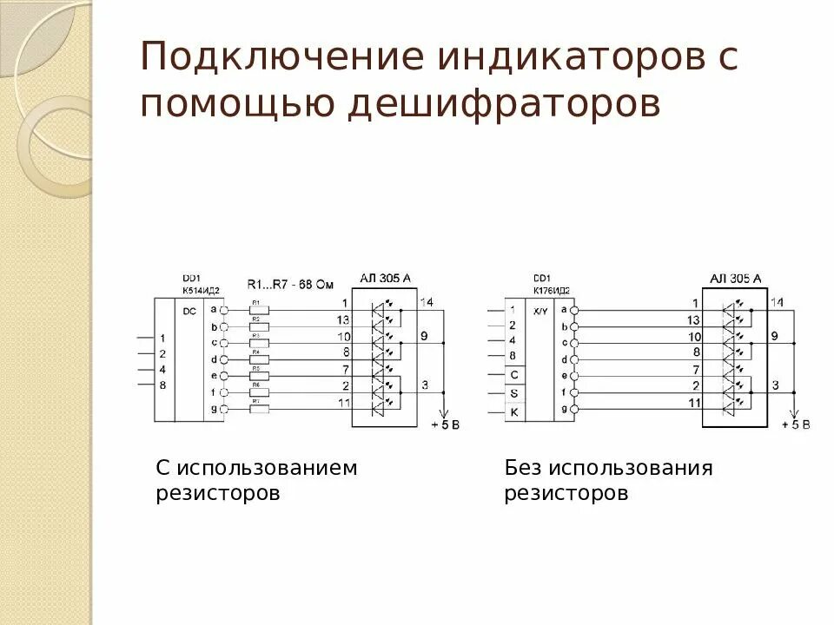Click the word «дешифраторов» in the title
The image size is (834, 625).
506,103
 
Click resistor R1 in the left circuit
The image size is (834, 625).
258,310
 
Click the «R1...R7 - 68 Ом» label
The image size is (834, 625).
291,284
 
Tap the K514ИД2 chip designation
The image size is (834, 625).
202,288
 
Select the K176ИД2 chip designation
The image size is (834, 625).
553,288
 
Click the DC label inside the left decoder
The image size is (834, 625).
190,309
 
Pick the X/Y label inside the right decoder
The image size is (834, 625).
539,310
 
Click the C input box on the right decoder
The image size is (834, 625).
513,375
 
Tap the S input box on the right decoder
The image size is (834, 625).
513,393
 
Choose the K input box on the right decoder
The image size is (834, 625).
513,412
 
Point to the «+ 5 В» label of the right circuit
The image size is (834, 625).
795,424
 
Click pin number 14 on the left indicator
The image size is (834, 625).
427,301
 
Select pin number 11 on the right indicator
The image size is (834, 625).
693,403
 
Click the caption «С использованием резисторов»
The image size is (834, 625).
256,481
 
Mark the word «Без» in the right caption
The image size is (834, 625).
523,469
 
